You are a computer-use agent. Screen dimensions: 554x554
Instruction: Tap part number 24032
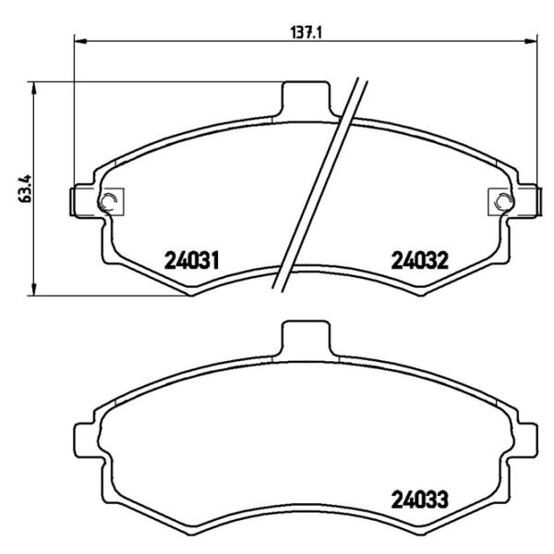click(x=419, y=260)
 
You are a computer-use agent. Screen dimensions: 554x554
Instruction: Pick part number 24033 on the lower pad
click(x=419, y=501)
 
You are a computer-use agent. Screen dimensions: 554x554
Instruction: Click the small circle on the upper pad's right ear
click(x=501, y=202)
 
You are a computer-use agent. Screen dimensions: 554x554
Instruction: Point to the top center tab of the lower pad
click(x=305, y=337)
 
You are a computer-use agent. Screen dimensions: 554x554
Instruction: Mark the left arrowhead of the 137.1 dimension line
click(x=78, y=41)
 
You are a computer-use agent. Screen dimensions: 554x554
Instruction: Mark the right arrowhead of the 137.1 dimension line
click(x=533, y=41)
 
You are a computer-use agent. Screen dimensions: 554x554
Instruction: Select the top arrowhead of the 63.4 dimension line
click(x=35, y=86)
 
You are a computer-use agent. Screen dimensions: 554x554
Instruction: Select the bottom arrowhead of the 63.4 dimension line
click(x=35, y=293)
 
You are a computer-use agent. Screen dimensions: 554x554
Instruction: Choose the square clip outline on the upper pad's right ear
click(x=500, y=202)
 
